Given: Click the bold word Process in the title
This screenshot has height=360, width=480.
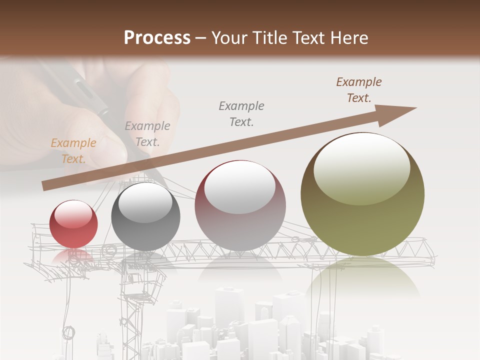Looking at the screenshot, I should click(157, 38).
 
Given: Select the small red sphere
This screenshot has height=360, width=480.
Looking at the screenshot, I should click(73, 224).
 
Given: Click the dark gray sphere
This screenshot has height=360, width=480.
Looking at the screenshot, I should click(145, 216).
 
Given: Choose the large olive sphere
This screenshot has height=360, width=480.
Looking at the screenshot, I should click(362, 194).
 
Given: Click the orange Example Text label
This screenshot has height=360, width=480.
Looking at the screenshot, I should click(73, 151).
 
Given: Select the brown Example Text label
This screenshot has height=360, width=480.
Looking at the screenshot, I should click(358, 90).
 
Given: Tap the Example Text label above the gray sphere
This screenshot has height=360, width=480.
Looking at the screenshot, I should click(147, 134).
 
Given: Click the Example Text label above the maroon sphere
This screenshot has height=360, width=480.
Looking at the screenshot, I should click(241, 114).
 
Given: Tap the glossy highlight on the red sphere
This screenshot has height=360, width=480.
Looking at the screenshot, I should click(73, 214).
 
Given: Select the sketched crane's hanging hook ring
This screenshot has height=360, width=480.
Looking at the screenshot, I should click(68, 332).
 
